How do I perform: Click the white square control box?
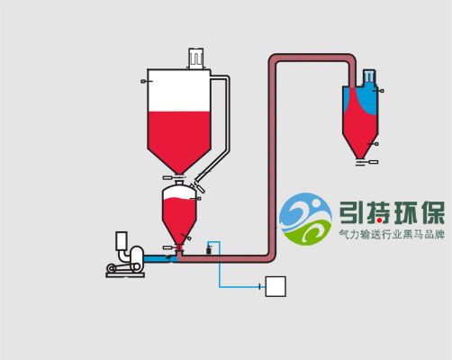coord(276,286)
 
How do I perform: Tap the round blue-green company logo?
coord(305,219)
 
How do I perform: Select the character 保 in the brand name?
coord(433,213)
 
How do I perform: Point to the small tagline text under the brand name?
coord(392,234)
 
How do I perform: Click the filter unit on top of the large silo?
coord(196,58)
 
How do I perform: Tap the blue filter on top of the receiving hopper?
coord(368,76)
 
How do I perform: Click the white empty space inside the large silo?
coord(179,91)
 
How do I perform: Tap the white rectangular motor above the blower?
coord(122,240)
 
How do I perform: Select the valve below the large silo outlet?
coord(174,178)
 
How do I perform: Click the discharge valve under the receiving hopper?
coord(366,162)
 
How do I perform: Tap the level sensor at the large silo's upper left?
coord(146,81)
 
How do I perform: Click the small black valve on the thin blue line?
coord(208,249)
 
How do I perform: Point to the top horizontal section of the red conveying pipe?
coord(312,58)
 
